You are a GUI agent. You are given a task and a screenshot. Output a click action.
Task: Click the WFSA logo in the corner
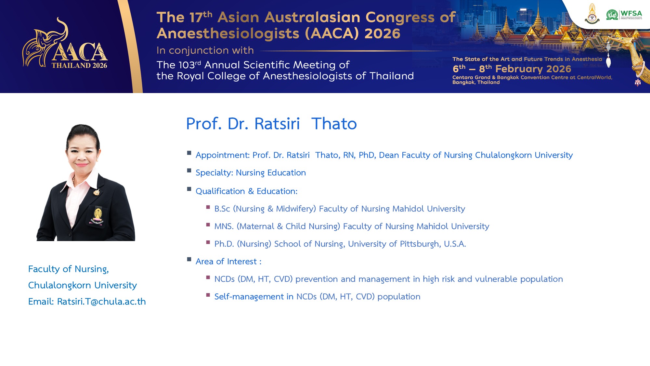[x=624, y=15]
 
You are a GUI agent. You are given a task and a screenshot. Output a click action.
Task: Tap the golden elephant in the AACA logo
[x=45, y=42]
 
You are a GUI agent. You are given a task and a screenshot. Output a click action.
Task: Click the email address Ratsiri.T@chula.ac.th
[x=101, y=302]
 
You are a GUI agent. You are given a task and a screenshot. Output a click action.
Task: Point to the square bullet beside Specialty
[x=189, y=170]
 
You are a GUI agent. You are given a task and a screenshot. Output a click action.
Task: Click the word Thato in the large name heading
[x=334, y=124]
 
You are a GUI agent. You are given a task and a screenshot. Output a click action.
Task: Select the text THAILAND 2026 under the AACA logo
[x=79, y=65]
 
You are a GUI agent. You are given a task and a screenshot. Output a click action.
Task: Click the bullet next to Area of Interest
[x=189, y=259]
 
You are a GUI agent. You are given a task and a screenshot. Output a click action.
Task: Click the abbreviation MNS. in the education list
[x=224, y=226]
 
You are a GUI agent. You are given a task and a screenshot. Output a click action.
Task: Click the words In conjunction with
[x=205, y=50]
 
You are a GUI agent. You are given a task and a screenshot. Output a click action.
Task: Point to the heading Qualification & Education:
[x=247, y=191]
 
